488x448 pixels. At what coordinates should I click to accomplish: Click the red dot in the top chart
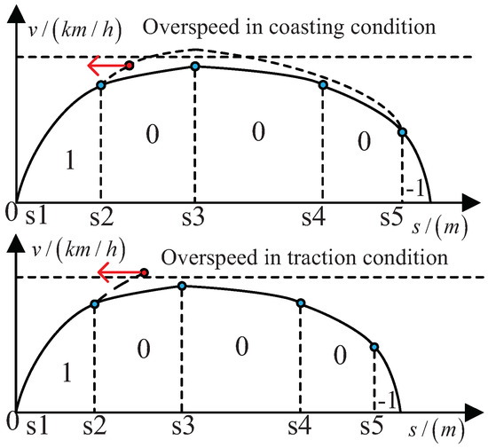(x=130, y=66)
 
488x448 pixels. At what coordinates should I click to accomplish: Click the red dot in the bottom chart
(x=145, y=272)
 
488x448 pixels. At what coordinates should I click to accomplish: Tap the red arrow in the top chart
(x=105, y=66)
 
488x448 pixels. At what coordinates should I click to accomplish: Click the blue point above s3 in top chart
(x=195, y=67)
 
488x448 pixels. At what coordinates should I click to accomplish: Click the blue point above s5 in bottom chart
(x=374, y=347)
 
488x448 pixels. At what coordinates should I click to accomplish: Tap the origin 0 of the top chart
(x=10, y=212)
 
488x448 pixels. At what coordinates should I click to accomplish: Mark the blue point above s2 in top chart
(x=100, y=85)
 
